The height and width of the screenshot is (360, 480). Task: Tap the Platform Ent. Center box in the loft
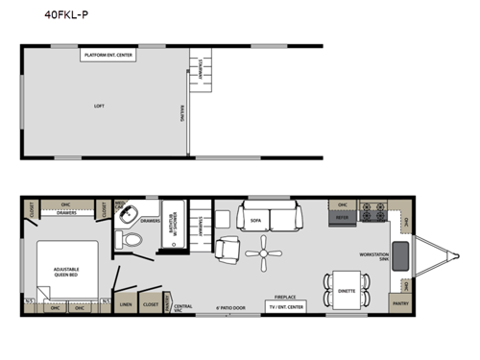click(108, 56)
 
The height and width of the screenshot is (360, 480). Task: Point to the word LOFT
click(98, 106)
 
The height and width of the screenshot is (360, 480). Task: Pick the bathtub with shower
click(175, 222)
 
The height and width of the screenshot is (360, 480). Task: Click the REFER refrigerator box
click(341, 218)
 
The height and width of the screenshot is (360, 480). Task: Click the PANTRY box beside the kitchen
click(400, 304)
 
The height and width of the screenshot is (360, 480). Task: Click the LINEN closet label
click(126, 304)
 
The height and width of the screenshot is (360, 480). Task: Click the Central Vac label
click(182, 307)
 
